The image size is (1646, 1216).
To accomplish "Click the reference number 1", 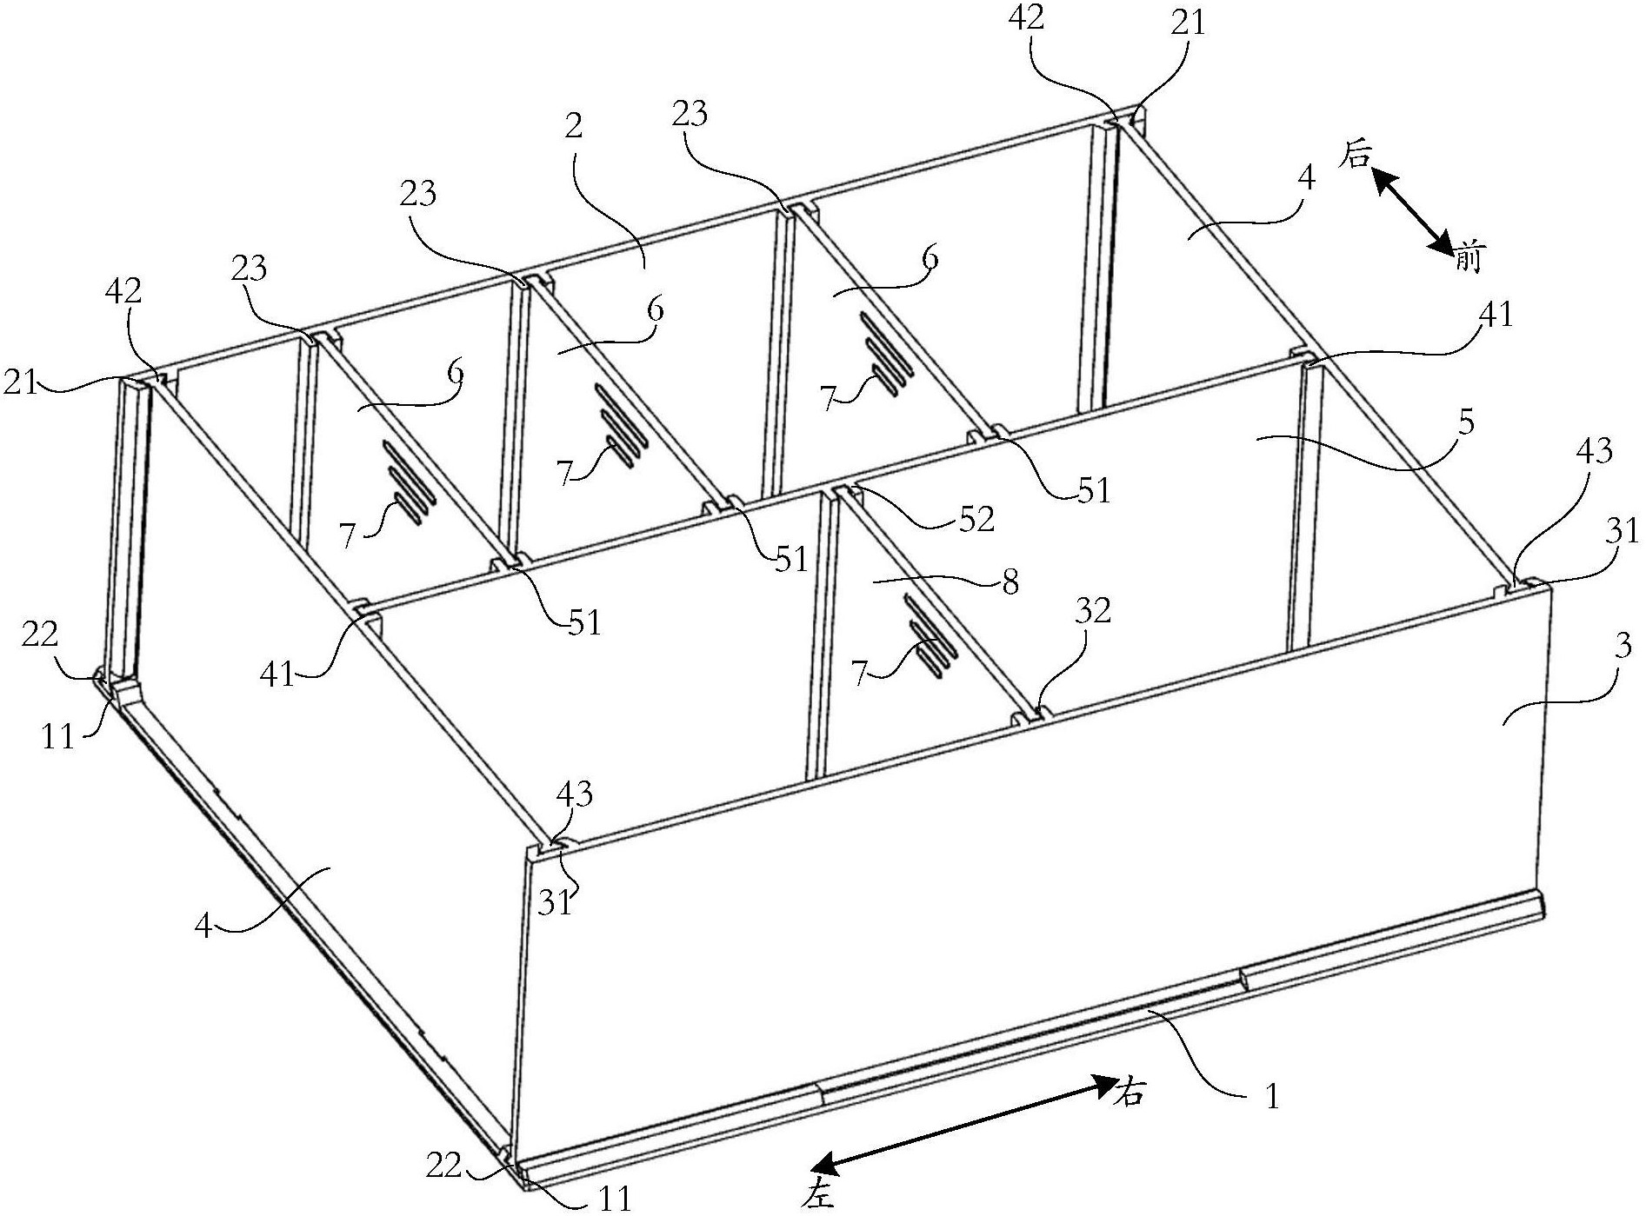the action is [x=1272, y=1097].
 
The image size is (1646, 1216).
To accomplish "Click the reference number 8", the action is [x=1009, y=582].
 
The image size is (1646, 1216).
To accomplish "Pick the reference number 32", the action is [x=1092, y=612].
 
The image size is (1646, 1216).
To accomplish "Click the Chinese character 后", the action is [x=1357, y=157].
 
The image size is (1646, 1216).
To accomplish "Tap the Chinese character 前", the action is [x=1467, y=257].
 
